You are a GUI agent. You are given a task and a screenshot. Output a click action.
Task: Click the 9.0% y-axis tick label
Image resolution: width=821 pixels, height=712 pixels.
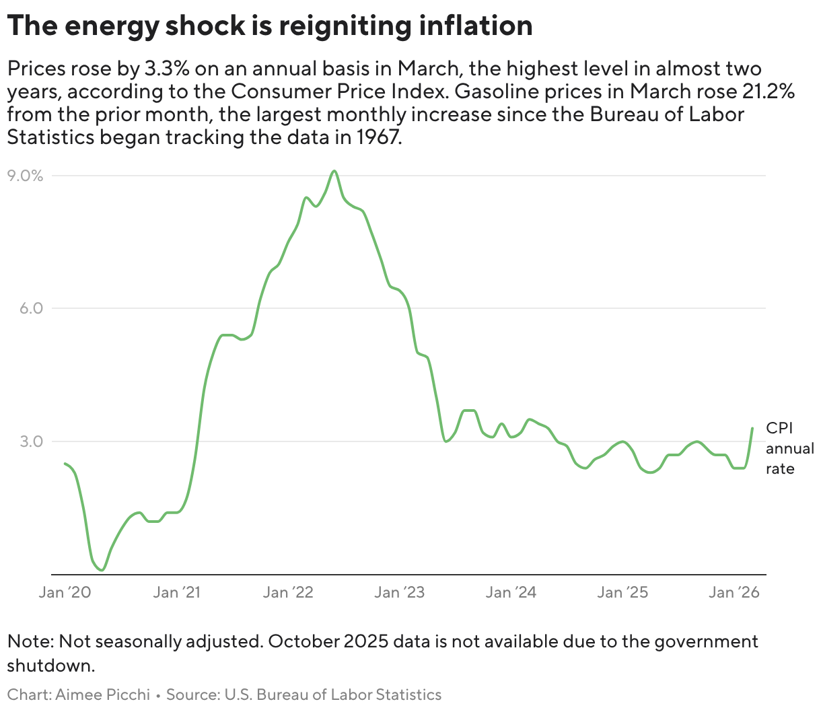pos(26,176)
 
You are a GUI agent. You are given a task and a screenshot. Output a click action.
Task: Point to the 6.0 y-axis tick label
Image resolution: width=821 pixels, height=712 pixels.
pos(29,308)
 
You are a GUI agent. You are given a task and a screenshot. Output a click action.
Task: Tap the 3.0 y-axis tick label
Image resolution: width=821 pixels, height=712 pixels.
pos(29,441)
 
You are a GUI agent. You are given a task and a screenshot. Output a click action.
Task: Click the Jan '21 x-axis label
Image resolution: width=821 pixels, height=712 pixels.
pos(176,592)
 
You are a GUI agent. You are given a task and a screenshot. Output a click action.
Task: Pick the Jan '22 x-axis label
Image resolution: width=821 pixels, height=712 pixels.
pos(288,592)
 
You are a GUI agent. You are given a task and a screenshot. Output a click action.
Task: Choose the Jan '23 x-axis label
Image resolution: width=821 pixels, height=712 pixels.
pos(400,592)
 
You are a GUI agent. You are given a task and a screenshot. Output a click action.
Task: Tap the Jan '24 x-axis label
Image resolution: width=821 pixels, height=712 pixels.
pos(511,592)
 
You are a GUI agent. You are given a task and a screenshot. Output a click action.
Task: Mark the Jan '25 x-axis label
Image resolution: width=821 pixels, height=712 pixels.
pos(622,592)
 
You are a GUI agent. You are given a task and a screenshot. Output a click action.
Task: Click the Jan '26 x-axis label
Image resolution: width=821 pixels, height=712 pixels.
pos(734,592)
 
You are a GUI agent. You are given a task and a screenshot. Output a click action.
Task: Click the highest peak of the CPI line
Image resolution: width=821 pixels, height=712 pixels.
pos(334,171)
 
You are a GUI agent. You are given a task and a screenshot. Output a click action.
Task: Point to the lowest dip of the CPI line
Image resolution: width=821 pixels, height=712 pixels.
pos(102,570)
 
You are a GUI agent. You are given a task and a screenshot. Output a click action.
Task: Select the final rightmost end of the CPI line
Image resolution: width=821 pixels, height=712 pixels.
pos(752,428)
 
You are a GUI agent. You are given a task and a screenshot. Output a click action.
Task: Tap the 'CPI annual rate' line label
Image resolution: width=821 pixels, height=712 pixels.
pos(789,449)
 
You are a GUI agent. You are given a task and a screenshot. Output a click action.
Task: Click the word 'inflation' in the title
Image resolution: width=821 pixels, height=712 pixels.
pos(475,26)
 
